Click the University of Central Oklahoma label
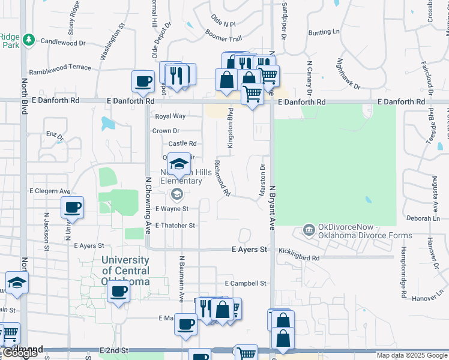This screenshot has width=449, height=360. (x=125, y=271)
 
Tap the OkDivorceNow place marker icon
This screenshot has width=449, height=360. (x=309, y=230)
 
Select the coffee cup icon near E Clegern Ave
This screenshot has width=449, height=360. (x=72, y=208)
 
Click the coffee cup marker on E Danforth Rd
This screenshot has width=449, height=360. (x=143, y=81)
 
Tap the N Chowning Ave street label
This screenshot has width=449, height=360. (x=148, y=204)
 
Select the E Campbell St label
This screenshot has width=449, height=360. (x=245, y=283)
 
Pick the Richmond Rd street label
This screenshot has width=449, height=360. (x=222, y=179)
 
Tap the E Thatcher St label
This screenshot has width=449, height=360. (x=175, y=226)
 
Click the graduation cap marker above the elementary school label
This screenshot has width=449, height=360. (x=178, y=163)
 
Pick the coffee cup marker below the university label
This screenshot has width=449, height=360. (x=118, y=293)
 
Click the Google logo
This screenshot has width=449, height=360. (x=20, y=353)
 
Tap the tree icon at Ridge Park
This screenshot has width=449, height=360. (x=28, y=40)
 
